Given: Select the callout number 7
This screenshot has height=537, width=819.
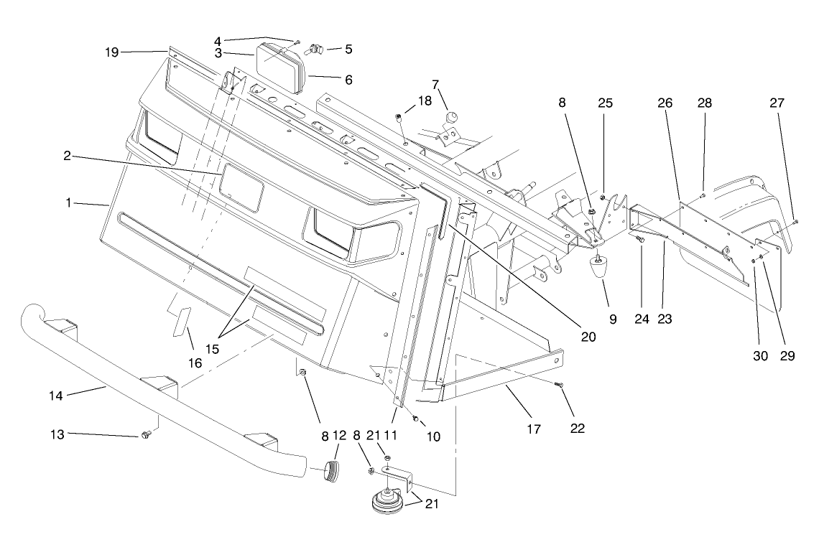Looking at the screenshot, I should coord(435,84).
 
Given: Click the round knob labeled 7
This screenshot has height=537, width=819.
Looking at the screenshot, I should coord(451,117).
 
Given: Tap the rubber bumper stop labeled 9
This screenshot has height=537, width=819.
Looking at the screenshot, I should coord(598,272).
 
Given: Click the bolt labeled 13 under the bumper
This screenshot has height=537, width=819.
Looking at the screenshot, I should coord(147,434).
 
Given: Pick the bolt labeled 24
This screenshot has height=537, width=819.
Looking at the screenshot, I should coord(639,239).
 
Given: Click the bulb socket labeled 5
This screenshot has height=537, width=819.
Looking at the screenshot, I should coord(315,49).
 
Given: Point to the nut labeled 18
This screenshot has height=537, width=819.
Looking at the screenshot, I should coord(398,116).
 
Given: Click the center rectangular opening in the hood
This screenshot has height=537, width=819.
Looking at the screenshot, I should coord(241,186).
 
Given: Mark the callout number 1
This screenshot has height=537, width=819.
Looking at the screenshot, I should coord(70,203).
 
